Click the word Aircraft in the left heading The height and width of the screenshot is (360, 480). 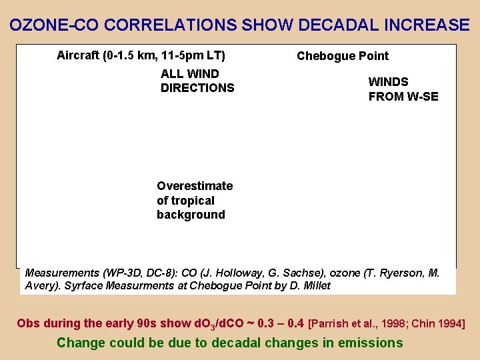click(78, 55)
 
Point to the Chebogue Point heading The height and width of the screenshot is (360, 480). click(343, 56)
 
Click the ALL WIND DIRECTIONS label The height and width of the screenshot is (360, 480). click(197, 81)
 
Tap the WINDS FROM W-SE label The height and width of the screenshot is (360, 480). click(403, 89)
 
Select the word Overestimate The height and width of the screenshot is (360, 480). click(195, 186)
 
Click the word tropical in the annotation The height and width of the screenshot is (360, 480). click(193, 201)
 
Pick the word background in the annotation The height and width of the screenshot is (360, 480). click(191, 215)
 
